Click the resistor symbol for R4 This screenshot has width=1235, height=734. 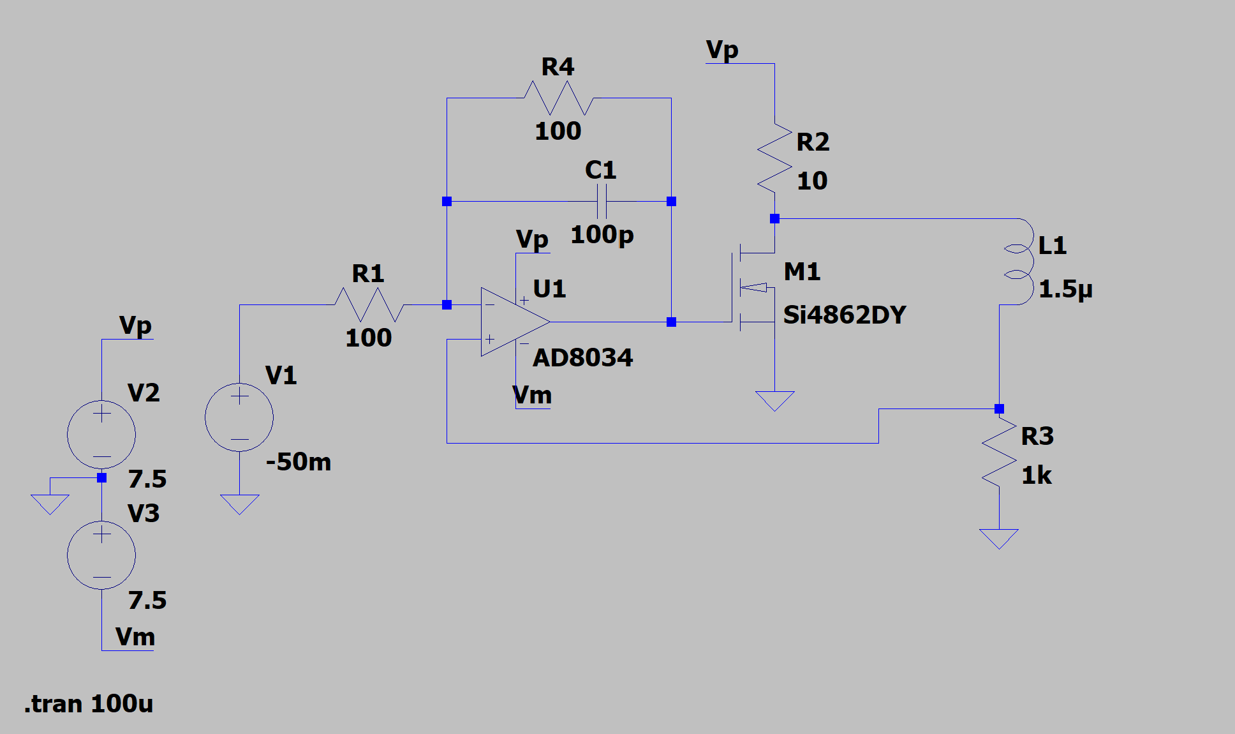coord(559,98)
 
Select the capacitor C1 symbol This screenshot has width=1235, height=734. coord(602,202)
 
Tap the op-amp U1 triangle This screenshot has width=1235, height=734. coord(515,322)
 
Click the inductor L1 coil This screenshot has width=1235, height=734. coord(1019,262)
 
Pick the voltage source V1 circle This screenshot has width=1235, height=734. coord(239,417)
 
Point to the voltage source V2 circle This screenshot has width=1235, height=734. coord(101,435)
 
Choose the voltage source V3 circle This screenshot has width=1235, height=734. coord(101,555)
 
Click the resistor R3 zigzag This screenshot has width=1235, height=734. coord(999,452)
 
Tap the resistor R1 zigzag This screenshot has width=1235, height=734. coord(369,304)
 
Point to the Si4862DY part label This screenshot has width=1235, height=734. coord(845,315)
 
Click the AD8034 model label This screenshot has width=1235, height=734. coord(582,357)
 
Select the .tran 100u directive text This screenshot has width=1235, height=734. coord(89,703)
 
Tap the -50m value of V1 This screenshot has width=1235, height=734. coord(299,461)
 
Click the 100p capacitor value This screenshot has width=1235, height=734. coord(602,235)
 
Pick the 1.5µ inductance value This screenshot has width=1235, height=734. coord(1065,289)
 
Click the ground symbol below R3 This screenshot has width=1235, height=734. coord(999,539)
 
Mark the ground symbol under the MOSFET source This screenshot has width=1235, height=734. coord(774,401)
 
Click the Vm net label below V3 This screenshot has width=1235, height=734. coord(135,637)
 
